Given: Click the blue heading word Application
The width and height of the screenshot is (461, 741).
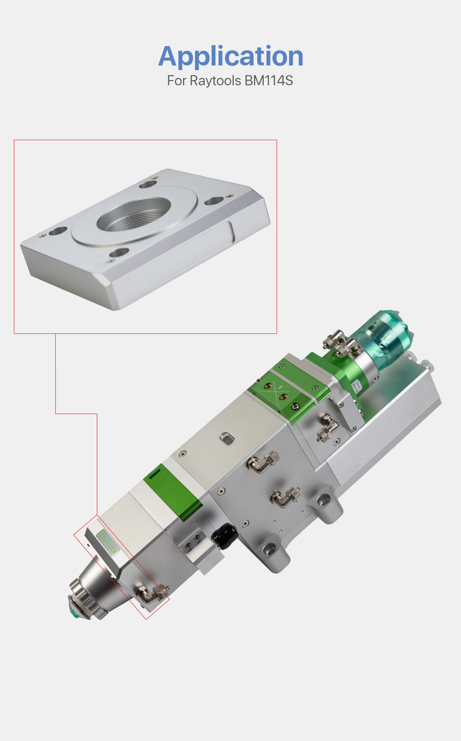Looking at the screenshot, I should coord(230,56).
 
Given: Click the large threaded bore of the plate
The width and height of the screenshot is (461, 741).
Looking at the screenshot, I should coord(134,214).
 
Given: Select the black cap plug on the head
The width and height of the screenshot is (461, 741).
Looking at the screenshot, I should coord(225,536).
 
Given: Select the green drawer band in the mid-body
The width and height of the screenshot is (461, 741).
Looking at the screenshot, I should coord(172,492).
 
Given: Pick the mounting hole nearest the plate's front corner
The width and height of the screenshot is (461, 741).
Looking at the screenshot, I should coord(119,252).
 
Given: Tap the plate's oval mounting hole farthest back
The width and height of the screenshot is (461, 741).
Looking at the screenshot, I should coord(148,184).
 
